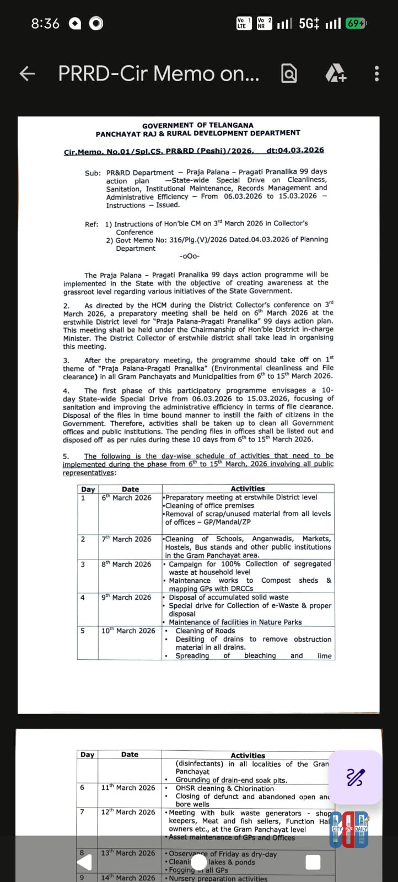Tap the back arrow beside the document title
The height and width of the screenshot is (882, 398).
pyautogui.click(x=27, y=73)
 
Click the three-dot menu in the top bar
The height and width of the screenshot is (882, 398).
pyautogui.click(x=377, y=73)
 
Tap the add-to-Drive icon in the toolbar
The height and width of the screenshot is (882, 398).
pyautogui.click(x=335, y=73)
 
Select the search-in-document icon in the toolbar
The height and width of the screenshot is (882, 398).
pyautogui.click(x=289, y=73)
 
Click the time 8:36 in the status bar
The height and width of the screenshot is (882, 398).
pyautogui.click(x=45, y=24)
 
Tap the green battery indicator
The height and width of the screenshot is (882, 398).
pyautogui.click(x=356, y=24)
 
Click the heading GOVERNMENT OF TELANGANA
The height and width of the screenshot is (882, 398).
pyautogui.click(x=198, y=125)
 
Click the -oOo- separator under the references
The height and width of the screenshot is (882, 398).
pyautogui.click(x=190, y=256)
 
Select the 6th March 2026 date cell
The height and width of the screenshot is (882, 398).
pyautogui.click(x=126, y=497)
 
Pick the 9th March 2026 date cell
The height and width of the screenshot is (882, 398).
pyautogui.click(x=126, y=597)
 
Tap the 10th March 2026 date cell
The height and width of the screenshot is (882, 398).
pyautogui.click(x=128, y=631)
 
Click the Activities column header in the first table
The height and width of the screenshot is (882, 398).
pyautogui.click(x=248, y=488)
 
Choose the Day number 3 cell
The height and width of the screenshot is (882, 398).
pyautogui.click(x=83, y=564)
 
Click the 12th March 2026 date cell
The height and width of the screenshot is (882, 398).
pyautogui.click(x=128, y=812)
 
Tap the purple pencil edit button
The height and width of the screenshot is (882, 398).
pyautogui.click(x=356, y=777)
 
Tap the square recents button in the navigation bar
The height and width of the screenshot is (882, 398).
pyautogui.click(x=313, y=862)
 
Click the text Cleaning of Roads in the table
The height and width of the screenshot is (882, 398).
pyautogui.click(x=205, y=631)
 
